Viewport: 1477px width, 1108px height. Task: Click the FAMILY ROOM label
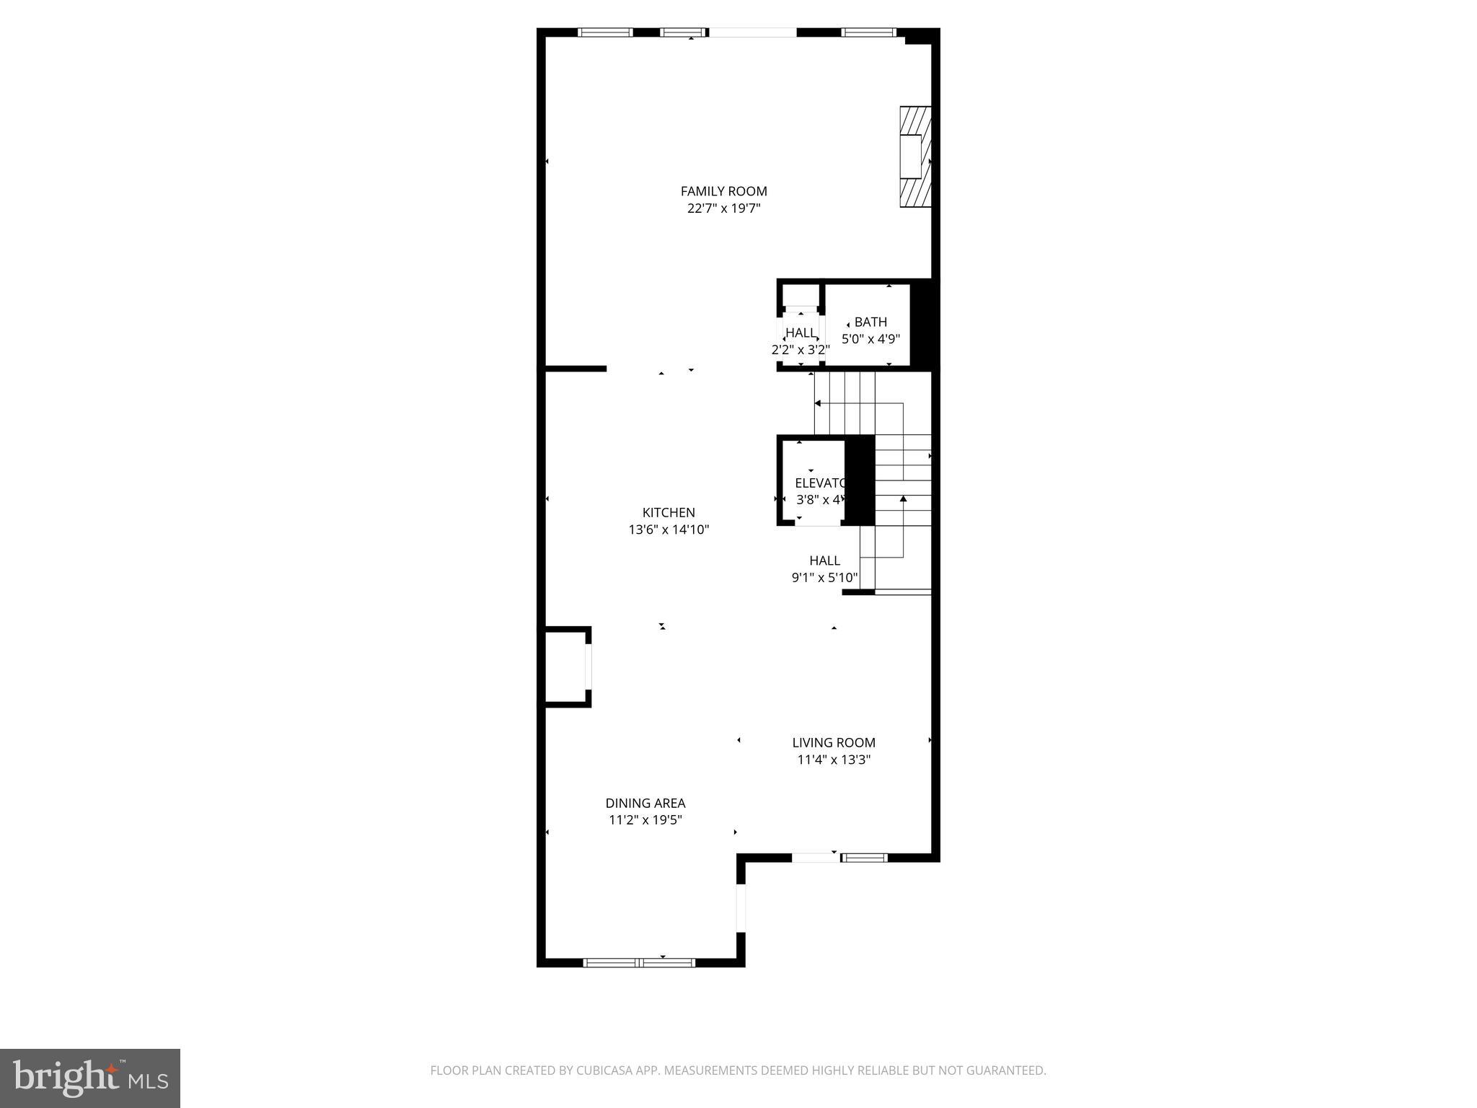pos(723,191)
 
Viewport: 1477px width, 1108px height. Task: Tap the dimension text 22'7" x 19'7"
pos(723,208)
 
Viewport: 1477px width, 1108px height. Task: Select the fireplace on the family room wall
pos(914,157)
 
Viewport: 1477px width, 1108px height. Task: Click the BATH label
pos(870,322)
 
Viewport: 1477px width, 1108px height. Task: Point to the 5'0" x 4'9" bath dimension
pos(870,338)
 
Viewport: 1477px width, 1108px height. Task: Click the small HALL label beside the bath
pos(801,333)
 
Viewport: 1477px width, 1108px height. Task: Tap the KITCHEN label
pos(669,512)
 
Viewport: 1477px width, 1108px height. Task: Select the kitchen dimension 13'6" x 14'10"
pos(669,529)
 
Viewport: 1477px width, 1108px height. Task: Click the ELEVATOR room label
pos(819,483)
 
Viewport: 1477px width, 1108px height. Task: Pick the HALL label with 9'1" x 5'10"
pos(824,560)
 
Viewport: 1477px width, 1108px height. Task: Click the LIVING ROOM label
pos(834,742)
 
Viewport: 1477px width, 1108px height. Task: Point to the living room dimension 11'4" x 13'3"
pos(834,760)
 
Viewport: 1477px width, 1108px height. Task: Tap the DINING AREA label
pos(645,803)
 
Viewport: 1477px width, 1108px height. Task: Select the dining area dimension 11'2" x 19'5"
pos(645,820)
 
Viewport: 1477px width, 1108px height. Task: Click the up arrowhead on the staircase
pos(903,498)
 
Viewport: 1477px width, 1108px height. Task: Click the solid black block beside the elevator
pos(859,480)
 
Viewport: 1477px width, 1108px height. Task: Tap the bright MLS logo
pos(90,1078)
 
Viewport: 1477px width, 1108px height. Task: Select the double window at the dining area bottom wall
pos(639,962)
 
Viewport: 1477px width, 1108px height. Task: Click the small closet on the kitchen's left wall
pos(567,667)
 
